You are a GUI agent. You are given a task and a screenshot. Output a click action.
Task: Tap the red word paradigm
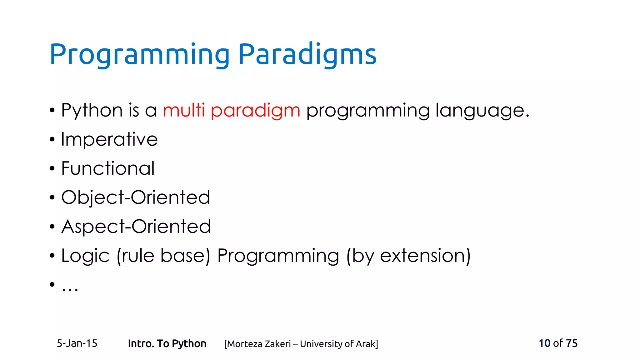255,111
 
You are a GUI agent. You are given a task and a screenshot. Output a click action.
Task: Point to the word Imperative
109,140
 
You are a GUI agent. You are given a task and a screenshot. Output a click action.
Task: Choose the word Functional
108,168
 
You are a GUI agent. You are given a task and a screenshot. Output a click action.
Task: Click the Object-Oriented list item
135,197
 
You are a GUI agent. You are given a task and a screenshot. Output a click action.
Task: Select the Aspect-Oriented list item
136,227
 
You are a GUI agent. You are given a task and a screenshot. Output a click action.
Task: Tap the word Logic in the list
85,256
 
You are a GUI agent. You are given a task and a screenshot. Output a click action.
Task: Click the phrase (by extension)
408,256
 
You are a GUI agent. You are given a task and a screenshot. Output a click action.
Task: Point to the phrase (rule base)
163,256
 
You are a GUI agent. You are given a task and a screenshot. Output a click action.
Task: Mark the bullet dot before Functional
52,169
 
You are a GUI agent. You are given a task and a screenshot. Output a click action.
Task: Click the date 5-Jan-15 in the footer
77,343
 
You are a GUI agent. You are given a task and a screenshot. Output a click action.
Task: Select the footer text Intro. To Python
167,344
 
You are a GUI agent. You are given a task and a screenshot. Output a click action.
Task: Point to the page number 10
544,343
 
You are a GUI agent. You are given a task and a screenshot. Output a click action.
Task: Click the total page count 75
572,343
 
